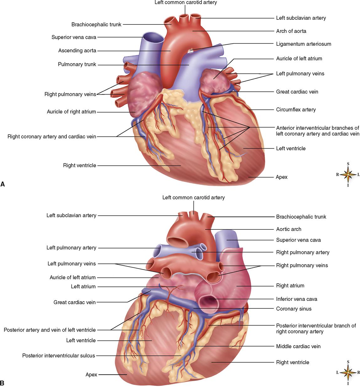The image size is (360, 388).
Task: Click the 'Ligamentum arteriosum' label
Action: (304, 44)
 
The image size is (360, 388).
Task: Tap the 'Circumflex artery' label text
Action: (296, 110)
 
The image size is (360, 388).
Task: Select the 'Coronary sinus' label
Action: (294, 309)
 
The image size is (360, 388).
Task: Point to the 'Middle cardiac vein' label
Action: (298, 346)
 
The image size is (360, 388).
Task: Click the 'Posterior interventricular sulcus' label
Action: (58, 356)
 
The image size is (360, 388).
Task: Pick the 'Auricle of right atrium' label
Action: (71, 112)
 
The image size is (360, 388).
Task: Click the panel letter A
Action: (3, 184)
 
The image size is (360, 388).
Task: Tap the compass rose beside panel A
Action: (348, 174)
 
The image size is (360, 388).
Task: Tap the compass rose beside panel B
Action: (348, 372)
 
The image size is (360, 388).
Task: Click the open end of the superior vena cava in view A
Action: (154, 38)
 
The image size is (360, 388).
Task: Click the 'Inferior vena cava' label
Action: (296, 299)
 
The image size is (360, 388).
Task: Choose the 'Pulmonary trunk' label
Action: (77, 65)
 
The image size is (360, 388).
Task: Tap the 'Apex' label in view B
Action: (91, 375)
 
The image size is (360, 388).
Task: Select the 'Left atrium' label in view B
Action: (83, 286)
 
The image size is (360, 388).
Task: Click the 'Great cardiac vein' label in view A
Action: (297, 92)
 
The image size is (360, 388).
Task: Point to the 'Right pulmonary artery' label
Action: (303, 252)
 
